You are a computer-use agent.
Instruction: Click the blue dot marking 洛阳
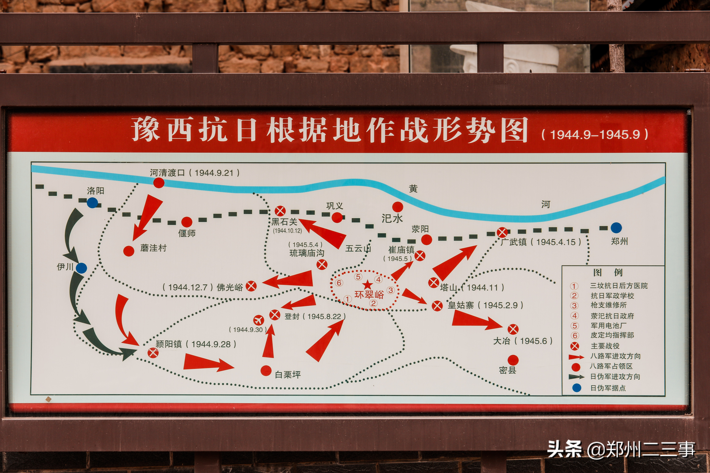click(92, 203)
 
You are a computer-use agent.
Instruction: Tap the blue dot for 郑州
click(616, 228)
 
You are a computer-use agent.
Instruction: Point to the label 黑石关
click(284, 222)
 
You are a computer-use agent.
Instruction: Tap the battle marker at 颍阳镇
click(153, 353)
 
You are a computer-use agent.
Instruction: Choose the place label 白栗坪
click(288, 375)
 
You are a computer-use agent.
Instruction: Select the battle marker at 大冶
click(513, 329)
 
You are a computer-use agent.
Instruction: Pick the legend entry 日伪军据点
click(608, 388)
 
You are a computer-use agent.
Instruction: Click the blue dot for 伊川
click(81, 268)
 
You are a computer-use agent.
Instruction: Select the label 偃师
click(187, 233)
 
